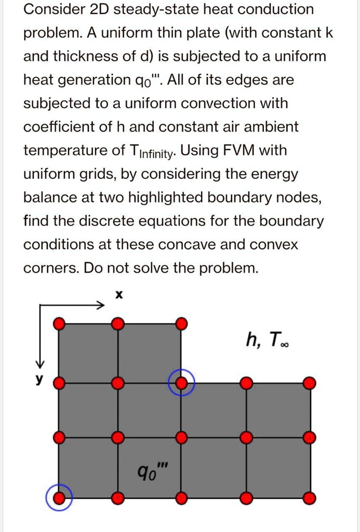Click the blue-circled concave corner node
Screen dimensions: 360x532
[x=181, y=384]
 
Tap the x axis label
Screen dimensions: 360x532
[x=118, y=295]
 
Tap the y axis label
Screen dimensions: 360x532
[x=37, y=379]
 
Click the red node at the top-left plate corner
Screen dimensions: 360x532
[x=60, y=324]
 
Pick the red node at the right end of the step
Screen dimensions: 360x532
[x=310, y=383]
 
